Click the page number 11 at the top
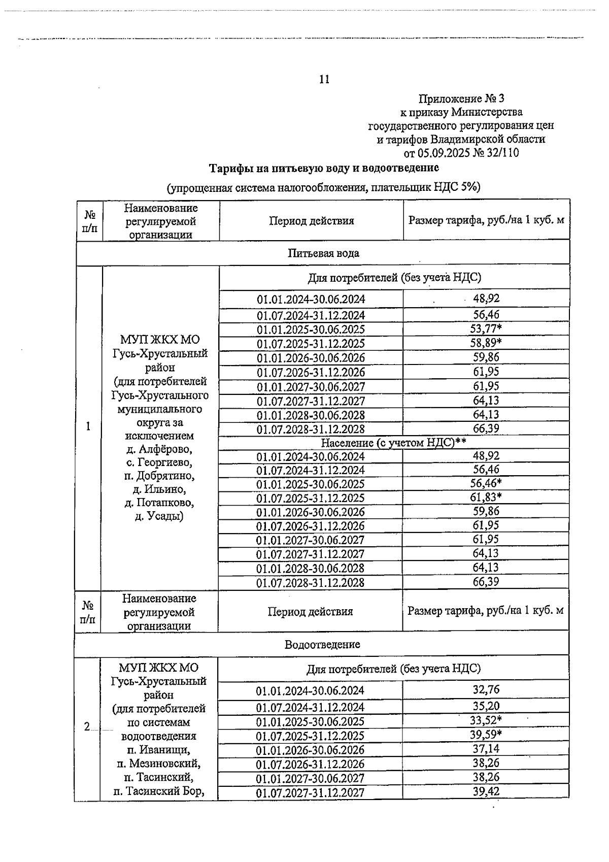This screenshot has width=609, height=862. click(x=324, y=79)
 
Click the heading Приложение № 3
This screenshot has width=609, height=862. click(x=462, y=98)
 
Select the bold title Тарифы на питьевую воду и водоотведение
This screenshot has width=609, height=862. click(x=325, y=168)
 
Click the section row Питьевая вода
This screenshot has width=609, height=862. click(x=323, y=253)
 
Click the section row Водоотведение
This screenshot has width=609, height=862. click(x=322, y=644)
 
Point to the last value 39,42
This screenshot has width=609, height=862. click(x=486, y=791)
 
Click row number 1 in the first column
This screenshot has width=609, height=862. click(x=88, y=426)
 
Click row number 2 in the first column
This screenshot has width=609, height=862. click(x=87, y=727)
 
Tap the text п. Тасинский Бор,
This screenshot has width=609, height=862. click(x=159, y=791)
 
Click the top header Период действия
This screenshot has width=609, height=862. click(x=311, y=221)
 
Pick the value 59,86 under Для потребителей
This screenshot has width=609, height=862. click(x=486, y=357)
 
